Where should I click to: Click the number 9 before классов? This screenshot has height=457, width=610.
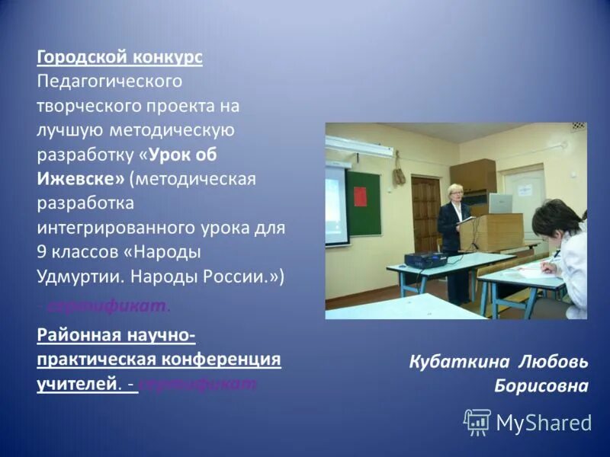(x=43, y=252)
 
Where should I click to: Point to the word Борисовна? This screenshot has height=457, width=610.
(x=541, y=385)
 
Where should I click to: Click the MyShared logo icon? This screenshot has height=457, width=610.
(x=477, y=422)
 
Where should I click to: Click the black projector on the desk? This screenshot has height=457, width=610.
(x=425, y=260)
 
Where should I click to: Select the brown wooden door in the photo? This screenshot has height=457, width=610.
(x=425, y=214)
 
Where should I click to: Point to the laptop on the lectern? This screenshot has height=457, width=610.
(x=500, y=203)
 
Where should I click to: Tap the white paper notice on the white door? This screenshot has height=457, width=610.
(x=522, y=190)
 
